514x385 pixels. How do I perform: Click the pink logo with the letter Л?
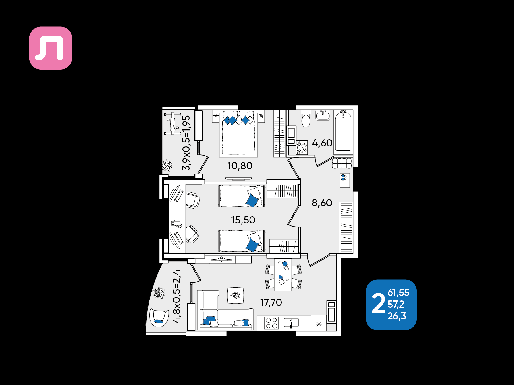pos(50,48)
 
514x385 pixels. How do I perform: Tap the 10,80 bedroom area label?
pos(240,166)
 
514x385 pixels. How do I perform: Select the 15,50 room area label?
pos(243,220)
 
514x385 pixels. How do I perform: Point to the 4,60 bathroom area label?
pos(322,143)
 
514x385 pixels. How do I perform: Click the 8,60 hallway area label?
pos(322,203)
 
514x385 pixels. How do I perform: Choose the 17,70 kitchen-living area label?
pos(271,302)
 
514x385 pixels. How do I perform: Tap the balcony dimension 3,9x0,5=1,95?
pos(186,143)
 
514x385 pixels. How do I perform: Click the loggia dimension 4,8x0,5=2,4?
pos(177,296)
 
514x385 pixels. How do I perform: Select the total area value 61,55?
pos(398,292)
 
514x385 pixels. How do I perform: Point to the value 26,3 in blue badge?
pos(397,316)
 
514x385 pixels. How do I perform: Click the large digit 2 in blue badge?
pos(378,304)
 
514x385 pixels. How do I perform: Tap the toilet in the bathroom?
pos(306,119)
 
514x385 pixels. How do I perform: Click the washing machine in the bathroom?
pos(302,148)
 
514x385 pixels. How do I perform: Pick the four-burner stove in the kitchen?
pos(271,323)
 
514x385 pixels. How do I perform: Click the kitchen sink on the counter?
pos(291,323)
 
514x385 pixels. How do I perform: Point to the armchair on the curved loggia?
pos(159,317)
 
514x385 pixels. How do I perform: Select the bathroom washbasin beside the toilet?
pos(323,115)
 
